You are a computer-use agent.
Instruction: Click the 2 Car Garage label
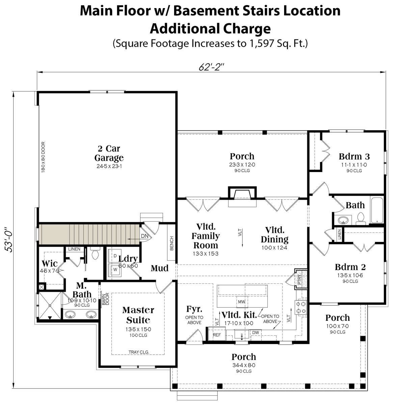pos(109,153)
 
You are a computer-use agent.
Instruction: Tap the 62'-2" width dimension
pos(211,67)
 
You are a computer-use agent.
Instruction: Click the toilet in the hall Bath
pos(360,219)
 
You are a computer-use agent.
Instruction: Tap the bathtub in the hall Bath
pos(377,210)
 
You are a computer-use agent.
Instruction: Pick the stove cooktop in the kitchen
pos(301,307)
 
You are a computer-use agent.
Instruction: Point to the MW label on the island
pos(242,302)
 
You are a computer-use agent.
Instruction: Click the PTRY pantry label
pos(300,279)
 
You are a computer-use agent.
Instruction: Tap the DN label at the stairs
pos(144,236)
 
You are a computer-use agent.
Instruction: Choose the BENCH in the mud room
pos(172,243)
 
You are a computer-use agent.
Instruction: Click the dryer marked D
pos(115,256)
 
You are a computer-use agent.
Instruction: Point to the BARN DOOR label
pos(106,299)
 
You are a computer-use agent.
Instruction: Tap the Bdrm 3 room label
pos(354,157)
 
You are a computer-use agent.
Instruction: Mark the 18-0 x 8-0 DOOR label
pos(43,157)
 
